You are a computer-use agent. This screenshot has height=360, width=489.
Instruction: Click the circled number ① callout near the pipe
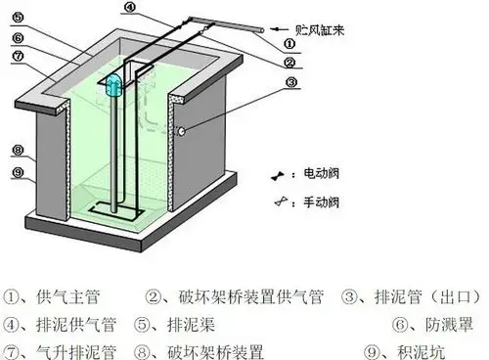(x=289, y=44)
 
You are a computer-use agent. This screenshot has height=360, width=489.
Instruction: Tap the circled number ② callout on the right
(x=290, y=63)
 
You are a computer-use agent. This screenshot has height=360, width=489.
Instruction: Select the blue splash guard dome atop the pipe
(x=113, y=84)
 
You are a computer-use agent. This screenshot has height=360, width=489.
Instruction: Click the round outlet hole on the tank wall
(x=180, y=130)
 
